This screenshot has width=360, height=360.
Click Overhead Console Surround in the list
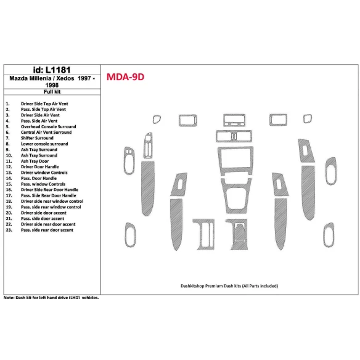coord(49,126)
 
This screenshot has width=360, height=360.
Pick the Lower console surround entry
coord(44,144)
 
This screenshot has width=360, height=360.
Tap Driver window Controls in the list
coord(44,173)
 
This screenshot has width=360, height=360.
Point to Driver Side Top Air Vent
coord(46,104)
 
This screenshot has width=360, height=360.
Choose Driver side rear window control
coord(52,201)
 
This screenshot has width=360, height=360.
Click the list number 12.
coord(8,166)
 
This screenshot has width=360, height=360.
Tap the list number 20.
coord(8,213)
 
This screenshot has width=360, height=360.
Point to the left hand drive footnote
coord(51,297)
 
